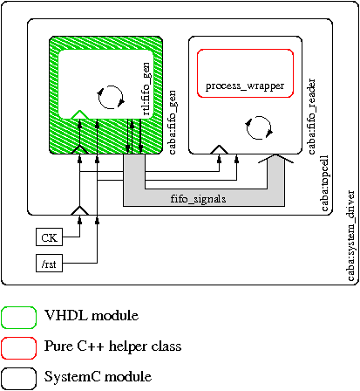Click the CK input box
pyautogui.click(x=49, y=237)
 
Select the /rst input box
pyautogui.click(x=49, y=264)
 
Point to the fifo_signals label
pyautogui.click(x=198, y=199)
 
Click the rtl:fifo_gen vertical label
pyautogui.click(x=146, y=89)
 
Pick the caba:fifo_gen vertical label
pyautogui.click(x=172, y=122)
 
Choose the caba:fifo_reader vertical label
pyautogui.click(x=311, y=116)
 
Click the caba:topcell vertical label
pyautogui.click(x=324, y=183)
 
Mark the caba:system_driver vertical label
pyautogui.click(x=350, y=236)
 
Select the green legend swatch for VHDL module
pyautogui.click(x=18, y=318)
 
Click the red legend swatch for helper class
pyautogui.click(x=18, y=348)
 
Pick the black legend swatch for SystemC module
pyautogui.click(x=18, y=379)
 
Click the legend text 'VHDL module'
pyautogui.click(x=92, y=315)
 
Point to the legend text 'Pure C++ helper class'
pyautogui.click(x=112, y=346)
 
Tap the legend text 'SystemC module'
pyautogui.click(x=98, y=376)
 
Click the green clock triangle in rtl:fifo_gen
pyautogui.click(x=79, y=114)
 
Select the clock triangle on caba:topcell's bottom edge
pyautogui.click(x=80, y=211)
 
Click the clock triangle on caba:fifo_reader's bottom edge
pyautogui.click(x=219, y=149)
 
